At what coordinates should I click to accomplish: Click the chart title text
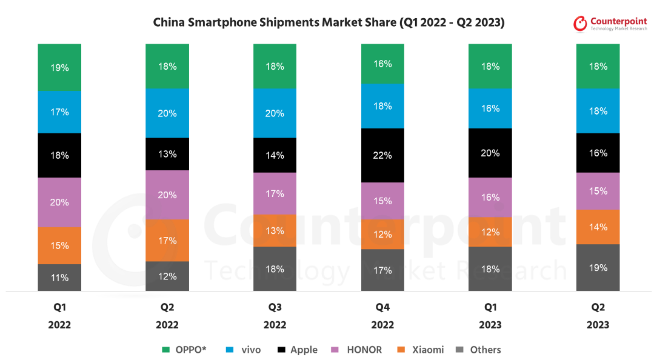click(x=329, y=22)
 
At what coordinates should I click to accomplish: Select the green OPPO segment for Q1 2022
click(x=59, y=67)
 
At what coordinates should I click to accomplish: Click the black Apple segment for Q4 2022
click(x=382, y=155)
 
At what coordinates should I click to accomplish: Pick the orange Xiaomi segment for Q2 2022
click(x=167, y=240)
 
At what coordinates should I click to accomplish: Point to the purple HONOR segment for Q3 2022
click(x=275, y=193)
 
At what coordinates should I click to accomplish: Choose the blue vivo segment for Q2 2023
click(x=598, y=111)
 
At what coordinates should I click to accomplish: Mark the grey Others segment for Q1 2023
click(x=490, y=268)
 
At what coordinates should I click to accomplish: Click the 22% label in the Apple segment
click(x=382, y=156)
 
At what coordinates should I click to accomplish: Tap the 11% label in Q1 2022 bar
click(x=59, y=278)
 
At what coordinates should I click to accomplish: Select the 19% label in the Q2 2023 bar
click(x=598, y=268)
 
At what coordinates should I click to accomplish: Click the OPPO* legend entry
click(x=184, y=350)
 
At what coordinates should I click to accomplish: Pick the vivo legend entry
click(x=245, y=350)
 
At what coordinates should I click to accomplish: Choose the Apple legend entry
click(x=298, y=350)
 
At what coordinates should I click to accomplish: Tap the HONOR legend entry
click(x=358, y=350)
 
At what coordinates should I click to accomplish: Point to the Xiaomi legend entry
click(x=421, y=350)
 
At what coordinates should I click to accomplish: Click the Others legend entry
click(x=479, y=350)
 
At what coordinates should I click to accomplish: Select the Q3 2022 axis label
click(x=275, y=316)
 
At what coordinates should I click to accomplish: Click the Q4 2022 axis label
click(x=382, y=316)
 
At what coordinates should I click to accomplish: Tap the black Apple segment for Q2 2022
click(x=167, y=154)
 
